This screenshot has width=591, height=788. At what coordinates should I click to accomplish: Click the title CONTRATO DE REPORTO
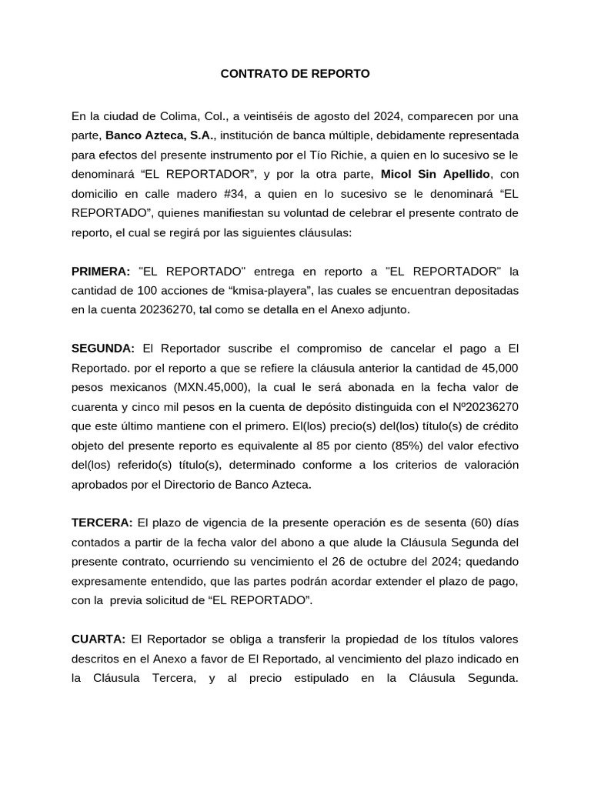295,74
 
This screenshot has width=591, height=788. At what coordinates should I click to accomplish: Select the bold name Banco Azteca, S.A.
161,136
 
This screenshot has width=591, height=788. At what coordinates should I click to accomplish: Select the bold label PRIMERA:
101,271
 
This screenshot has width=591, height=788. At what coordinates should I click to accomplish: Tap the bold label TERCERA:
102,522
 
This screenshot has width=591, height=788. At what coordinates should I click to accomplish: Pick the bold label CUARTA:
98,639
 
